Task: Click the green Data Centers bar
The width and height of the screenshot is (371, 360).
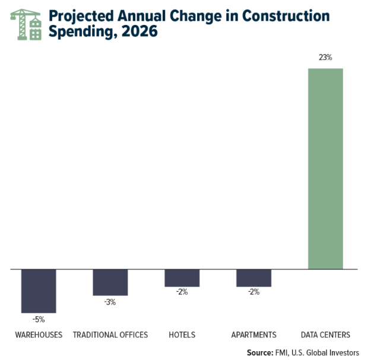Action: click(x=325, y=168)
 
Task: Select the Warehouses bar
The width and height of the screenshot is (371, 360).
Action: click(x=39, y=291)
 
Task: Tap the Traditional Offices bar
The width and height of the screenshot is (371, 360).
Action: click(x=110, y=282)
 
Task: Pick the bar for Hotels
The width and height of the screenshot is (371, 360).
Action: click(x=182, y=278)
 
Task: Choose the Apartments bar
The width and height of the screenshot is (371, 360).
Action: click(x=253, y=278)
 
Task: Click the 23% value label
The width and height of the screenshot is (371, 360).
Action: click(x=325, y=58)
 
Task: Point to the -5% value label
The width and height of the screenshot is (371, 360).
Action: click(x=39, y=319)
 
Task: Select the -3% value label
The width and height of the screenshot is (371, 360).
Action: click(x=110, y=302)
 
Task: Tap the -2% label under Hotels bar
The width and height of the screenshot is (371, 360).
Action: click(x=182, y=292)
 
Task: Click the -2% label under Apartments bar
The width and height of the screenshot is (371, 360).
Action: click(x=253, y=292)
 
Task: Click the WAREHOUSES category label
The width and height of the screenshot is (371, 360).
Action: click(x=39, y=335)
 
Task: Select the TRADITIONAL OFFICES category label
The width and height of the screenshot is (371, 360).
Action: click(x=110, y=335)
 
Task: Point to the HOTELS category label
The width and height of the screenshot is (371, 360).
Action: click(x=182, y=335)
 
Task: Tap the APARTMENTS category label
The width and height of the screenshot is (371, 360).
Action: click(x=253, y=335)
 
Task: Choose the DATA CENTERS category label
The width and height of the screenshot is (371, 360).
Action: click(x=325, y=335)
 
